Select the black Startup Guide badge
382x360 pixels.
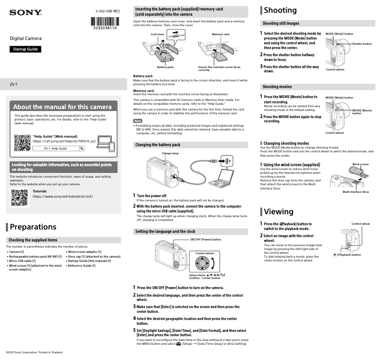26,49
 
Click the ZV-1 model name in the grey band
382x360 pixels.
14,84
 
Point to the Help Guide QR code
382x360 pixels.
22,143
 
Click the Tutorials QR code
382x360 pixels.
19,197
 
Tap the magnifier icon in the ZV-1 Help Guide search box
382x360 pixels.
81,149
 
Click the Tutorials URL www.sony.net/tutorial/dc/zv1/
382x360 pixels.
62,196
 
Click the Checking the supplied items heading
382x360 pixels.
33,240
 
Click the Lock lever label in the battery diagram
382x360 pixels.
157,34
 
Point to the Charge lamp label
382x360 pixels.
170,153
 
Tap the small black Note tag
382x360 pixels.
138,121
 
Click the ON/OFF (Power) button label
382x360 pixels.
205,240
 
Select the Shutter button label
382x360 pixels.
362,44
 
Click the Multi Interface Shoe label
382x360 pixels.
355,192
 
